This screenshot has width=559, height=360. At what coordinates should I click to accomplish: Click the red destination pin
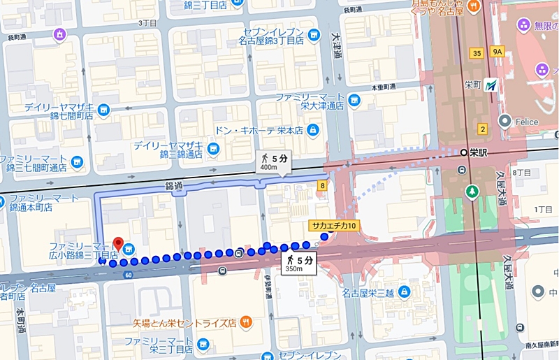[x=119, y=244]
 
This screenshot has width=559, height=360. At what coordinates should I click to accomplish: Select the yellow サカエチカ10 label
[x=333, y=225]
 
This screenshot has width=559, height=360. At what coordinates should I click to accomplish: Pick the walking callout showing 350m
[x=299, y=263]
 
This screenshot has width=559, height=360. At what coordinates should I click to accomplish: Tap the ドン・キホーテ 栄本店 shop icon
[x=313, y=129]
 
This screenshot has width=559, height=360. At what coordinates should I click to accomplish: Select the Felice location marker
[x=504, y=122]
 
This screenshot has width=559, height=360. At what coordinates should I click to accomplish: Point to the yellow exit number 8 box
[x=322, y=185]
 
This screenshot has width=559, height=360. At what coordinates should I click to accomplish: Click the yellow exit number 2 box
[x=482, y=129]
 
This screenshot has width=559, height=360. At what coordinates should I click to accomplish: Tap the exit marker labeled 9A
[x=498, y=51]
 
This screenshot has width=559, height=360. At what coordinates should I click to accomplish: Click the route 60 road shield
[x=129, y=275]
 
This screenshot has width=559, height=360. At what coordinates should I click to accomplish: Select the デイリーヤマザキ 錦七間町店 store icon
[x=103, y=110]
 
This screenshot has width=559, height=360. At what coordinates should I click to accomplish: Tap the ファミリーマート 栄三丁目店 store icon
[x=203, y=345]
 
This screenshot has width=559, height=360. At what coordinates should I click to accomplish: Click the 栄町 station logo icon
[x=493, y=85]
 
